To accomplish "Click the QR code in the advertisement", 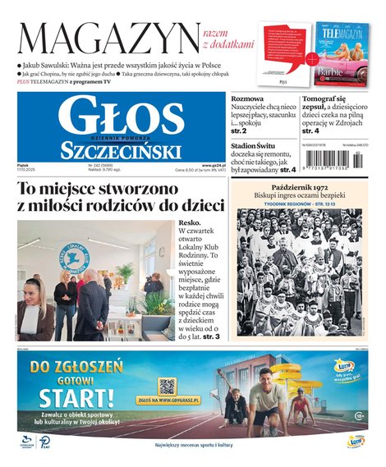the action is coord(168,386).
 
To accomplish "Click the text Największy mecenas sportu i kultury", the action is coord(193,444).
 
